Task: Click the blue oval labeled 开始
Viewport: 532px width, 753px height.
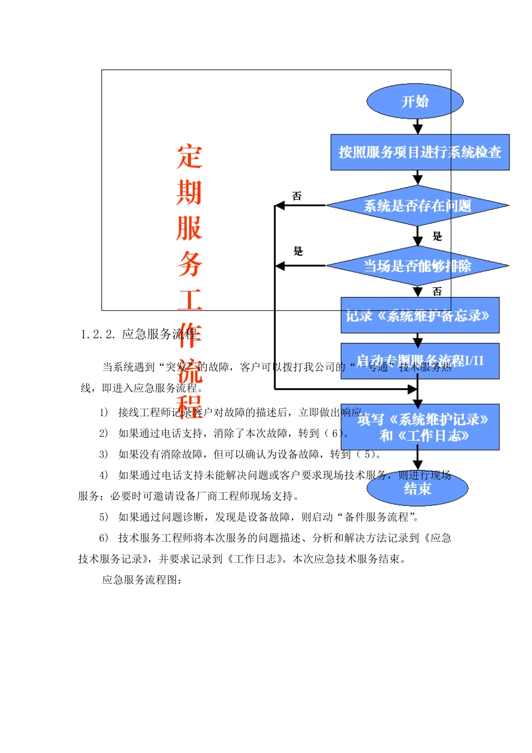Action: pyautogui.click(x=415, y=101)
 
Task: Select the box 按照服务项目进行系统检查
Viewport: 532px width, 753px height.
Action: pyautogui.click(x=420, y=152)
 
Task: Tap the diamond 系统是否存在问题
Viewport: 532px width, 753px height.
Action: pyautogui.click(x=418, y=206)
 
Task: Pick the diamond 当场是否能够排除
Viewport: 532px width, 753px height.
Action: pyautogui.click(x=418, y=266)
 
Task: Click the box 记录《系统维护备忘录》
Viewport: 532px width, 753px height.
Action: pyautogui.click(x=420, y=315)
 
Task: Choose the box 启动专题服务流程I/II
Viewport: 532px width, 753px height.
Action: pyautogui.click(x=420, y=361)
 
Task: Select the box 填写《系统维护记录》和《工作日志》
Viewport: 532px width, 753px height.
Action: pyautogui.click(x=420, y=427)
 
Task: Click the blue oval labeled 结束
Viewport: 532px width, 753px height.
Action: pyautogui.click(x=417, y=489)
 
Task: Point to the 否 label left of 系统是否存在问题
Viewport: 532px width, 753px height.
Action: pyautogui.click(x=297, y=196)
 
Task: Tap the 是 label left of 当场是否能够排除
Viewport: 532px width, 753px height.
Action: pyautogui.click(x=298, y=251)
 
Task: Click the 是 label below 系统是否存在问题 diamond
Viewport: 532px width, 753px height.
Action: pyautogui.click(x=437, y=236)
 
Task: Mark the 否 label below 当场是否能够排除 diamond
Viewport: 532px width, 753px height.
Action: pyautogui.click(x=437, y=291)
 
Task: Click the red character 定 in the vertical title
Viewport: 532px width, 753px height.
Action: pyautogui.click(x=189, y=157)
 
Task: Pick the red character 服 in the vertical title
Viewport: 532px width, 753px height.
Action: pyautogui.click(x=189, y=229)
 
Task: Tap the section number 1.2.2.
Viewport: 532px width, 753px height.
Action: pyautogui.click(x=98, y=334)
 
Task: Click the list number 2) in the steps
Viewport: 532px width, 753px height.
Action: pyautogui.click(x=104, y=433)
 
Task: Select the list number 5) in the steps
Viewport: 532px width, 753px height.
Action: pyautogui.click(x=104, y=517)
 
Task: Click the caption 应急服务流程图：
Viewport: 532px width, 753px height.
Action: pyautogui.click(x=142, y=580)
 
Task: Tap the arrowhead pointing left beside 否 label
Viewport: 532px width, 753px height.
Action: pyautogui.click(x=280, y=206)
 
